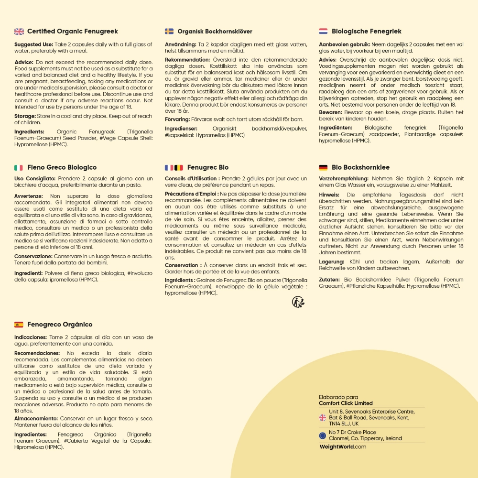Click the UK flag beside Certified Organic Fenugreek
tap(19, 32)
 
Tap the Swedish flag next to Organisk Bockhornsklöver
tap(169, 32)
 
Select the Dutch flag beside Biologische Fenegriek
tap(323, 32)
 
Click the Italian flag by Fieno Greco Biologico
tap(19, 168)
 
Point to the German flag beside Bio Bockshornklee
tap(323, 168)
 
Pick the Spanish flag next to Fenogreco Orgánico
tap(19, 325)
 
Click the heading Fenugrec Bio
tap(208, 168)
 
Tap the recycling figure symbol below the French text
tap(298, 301)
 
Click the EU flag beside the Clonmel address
tap(323, 435)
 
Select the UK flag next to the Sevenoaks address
tap(323, 418)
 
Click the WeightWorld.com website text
tap(342, 447)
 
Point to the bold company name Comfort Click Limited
tap(346, 403)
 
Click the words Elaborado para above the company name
tap(338, 397)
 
